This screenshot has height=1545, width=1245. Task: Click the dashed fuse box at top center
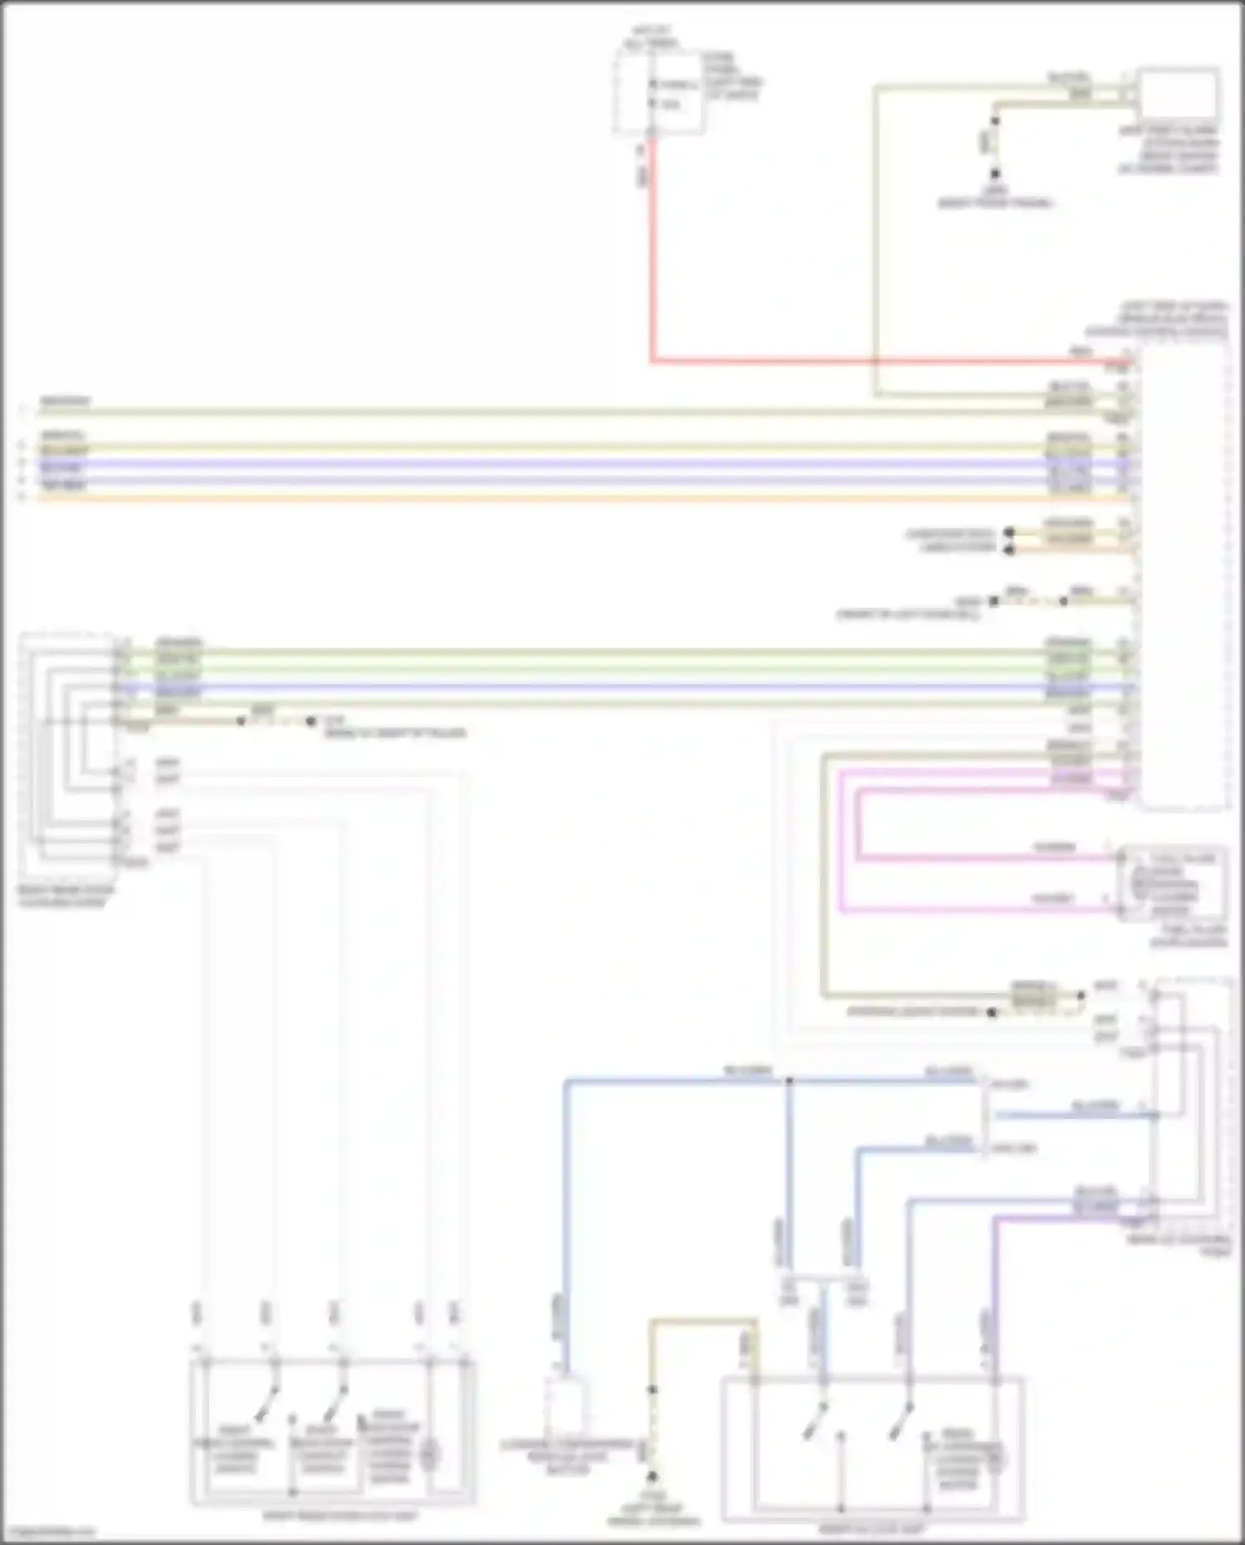(x=658, y=91)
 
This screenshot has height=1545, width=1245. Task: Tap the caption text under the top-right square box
(x=1169, y=149)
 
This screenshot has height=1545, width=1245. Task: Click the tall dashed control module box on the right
(x=1184, y=573)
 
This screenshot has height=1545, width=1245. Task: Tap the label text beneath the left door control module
(x=66, y=896)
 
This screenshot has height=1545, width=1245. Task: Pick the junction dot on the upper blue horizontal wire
(x=789, y=1081)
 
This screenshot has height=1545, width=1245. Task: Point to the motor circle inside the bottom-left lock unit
(x=428, y=1453)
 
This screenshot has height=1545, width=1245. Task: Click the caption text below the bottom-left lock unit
(x=340, y=1516)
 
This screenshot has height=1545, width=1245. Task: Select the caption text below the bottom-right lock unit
(x=871, y=1528)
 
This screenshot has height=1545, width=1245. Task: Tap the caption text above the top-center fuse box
(x=652, y=37)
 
